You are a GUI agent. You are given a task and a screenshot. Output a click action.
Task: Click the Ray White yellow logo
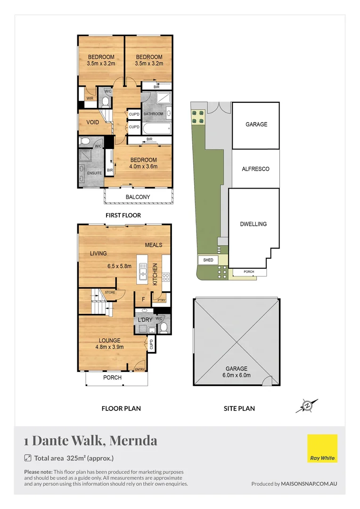coord(322,448)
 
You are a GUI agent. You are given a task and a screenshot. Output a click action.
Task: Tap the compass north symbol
coord(307,405)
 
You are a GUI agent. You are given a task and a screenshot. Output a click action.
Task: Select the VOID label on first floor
coord(93,123)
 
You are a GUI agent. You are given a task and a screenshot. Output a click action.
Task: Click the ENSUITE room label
coord(94,173)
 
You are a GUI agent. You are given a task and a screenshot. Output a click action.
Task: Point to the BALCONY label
coord(138,197)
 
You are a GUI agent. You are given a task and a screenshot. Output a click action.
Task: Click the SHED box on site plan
coord(208,260)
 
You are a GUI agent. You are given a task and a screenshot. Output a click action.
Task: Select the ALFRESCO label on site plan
coord(255,169)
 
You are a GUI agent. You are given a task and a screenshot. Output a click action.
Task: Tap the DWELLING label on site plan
coord(254,224)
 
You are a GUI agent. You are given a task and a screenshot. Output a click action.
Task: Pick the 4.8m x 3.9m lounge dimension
coord(109,348)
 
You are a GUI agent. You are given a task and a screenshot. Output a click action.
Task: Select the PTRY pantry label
coord(161,300)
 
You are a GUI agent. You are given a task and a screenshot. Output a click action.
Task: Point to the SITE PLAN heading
coord(239,409)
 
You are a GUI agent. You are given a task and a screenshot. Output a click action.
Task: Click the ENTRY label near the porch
coord(140,370)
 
